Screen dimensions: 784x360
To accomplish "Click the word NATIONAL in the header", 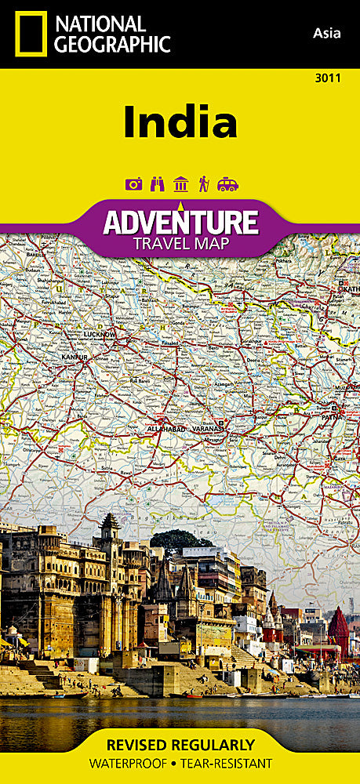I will pos(89,24).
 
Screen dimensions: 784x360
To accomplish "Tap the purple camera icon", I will pos(133,184).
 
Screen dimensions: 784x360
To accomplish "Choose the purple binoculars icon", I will pos(157,184).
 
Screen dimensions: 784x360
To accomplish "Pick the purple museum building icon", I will pos(180,184).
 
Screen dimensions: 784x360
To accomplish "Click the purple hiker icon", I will pos(204,184).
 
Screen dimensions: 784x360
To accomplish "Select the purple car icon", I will pos(227,184).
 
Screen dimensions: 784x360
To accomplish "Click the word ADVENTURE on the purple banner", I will pos(180,222).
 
